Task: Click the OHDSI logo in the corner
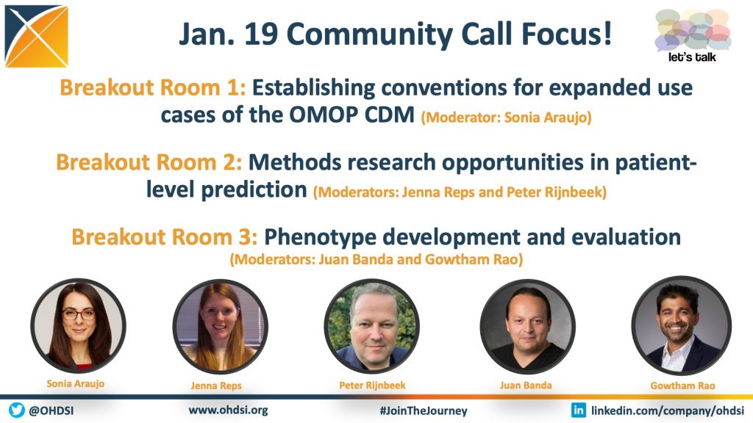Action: tap(37, 37)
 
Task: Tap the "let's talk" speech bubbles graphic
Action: tap(693, 35)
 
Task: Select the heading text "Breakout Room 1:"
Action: tap(153, 88)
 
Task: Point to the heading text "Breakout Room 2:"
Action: tap(149, 162)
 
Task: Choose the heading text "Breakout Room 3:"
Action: tap(165, 237)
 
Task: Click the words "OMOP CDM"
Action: tap(351, 115)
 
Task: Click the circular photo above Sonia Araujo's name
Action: tap(78, 325)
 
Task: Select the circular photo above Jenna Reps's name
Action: tap(221, 327)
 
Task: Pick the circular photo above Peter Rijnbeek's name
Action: tap(371, 327)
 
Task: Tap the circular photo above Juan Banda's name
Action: tap(528, 327)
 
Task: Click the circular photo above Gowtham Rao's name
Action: tap(682, 325)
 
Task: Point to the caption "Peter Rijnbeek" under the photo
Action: tap(372, 385)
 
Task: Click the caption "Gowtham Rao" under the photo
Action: tap(682, 386)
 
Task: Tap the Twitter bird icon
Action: tap(17, 411)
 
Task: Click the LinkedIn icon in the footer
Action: tap(578, 410)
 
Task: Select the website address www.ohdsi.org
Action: tap(228, 410)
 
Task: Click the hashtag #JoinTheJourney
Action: tap(423, 411)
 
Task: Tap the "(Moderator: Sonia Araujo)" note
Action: tap(506, 117)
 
